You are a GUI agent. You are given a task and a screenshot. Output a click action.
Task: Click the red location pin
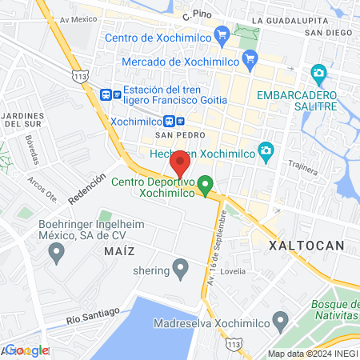(180, 162)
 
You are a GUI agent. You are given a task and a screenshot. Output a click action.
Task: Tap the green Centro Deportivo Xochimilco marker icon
(205, 186)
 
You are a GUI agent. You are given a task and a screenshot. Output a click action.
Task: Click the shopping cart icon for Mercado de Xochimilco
(250, 58)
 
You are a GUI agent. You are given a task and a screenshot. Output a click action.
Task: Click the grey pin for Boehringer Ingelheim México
(56, 254)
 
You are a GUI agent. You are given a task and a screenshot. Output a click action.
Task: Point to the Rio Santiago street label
(93, 314)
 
